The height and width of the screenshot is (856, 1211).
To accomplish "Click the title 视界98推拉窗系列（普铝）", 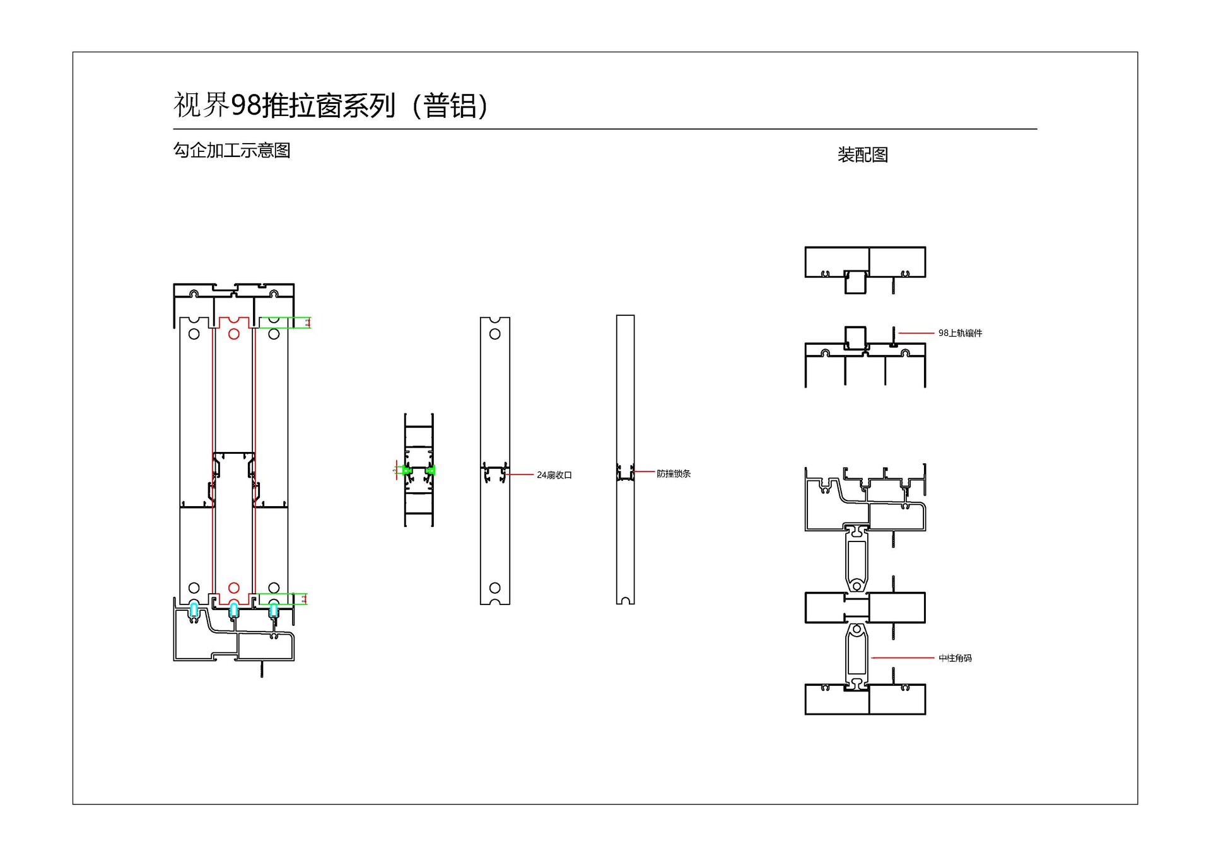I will point(331,105).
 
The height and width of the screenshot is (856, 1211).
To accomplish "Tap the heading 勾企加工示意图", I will point(231,151).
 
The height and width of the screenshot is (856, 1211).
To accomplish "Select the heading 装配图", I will point(862,154).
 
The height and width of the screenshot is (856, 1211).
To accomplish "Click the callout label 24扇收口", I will point(554,475).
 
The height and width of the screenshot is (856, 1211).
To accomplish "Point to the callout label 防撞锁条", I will point(673,473).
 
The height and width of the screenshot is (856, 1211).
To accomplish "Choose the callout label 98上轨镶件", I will point(959,333).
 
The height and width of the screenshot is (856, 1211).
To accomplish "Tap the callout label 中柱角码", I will point(954,658).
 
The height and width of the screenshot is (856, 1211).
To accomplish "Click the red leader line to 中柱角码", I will point(902,657).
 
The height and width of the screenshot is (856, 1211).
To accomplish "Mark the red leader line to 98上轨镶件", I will point(916,333).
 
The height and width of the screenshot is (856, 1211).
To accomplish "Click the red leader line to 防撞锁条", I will point(644,471).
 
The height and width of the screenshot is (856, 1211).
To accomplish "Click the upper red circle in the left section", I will point(233,334).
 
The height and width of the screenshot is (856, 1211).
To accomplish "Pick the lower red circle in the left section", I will point(233,587).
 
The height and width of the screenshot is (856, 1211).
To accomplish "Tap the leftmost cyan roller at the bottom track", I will point(194,610).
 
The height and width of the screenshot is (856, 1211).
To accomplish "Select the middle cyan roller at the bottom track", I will point(233,610).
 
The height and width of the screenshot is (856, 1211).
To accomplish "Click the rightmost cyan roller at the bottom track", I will point(273,610).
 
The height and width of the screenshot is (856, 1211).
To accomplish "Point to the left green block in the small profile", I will point(407,470).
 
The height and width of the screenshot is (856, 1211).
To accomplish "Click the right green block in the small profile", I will point(430,470).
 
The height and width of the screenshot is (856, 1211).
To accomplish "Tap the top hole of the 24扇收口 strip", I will point(494,334).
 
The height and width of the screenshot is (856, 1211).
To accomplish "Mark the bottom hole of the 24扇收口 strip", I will point(494,587).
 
